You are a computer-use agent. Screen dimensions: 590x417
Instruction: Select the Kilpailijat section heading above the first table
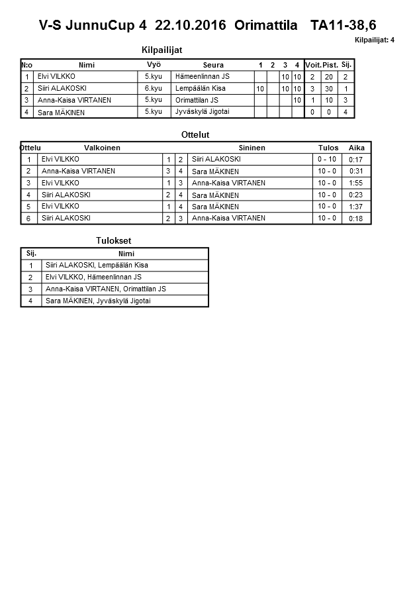162,50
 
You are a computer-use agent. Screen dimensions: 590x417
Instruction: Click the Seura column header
213,65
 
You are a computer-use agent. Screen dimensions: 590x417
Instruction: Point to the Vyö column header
154,64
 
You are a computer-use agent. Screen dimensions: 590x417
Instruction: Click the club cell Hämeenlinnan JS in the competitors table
203,76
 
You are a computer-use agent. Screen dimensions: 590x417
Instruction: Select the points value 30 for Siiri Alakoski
329,89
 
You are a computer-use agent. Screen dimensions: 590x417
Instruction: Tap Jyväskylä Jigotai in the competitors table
203,112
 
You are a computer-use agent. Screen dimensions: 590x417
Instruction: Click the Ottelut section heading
195,134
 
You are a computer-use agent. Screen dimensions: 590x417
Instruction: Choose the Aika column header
357,148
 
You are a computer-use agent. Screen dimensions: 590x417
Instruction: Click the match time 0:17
356,160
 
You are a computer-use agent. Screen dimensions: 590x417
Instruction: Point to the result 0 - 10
327,160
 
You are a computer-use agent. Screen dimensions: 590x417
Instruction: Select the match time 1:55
356,183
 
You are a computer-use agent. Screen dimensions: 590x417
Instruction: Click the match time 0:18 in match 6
356,219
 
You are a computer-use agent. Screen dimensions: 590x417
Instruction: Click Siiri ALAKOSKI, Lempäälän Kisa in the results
97,266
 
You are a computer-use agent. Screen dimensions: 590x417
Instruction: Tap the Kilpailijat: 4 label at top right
375,40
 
